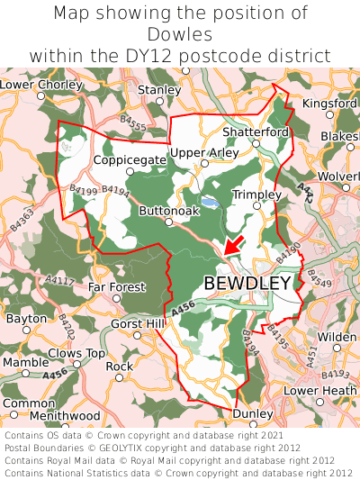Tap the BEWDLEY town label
(x=247, y=283)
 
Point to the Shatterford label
(x=256, y=131)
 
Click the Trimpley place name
(x=256, y=194)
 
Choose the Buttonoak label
(x=168, y=210)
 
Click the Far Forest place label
(x=116, y=287)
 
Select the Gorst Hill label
(x=137, y=322)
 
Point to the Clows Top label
(x=76, y=352)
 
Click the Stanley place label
(x=159, y=90)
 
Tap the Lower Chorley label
(x=40, y=85)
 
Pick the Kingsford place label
(x=330, y=104)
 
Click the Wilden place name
(x=337, y=337)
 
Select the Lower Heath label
(x=320, y=390)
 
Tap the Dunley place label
(x=253, y=413)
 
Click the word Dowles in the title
(x=180, y=35)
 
